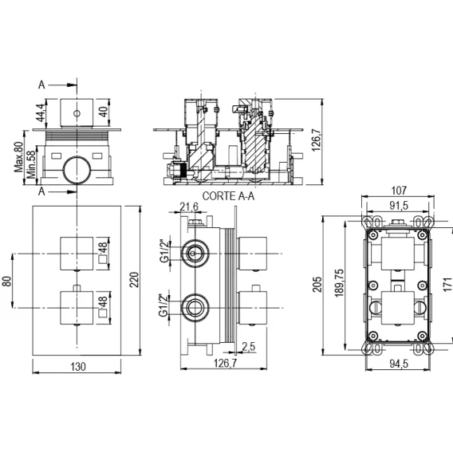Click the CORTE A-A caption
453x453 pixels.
228,196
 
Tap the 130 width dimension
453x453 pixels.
78,367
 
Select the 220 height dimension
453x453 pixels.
134,279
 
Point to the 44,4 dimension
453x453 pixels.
40,112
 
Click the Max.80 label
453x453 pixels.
19,157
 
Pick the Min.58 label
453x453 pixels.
31,165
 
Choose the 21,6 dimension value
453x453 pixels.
189,207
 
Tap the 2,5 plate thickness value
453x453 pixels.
249,346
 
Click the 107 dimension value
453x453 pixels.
399,191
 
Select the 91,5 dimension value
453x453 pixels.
399,206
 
